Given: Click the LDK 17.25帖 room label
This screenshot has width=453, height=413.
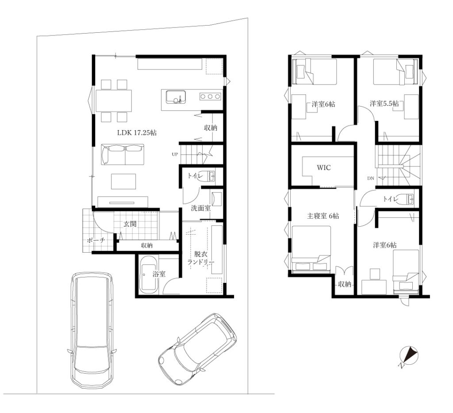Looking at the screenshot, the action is (x=137, y=133).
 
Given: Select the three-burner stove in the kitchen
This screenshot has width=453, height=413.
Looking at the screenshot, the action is (x=210, y=96).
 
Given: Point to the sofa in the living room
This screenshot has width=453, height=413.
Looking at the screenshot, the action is (x=122, y=154).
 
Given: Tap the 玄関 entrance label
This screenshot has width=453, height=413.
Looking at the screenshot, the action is (x=130, y=224).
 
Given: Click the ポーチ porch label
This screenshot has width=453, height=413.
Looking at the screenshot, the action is (x=96, y=240).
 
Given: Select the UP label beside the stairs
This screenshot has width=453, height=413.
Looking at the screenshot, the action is (x=175, y=154).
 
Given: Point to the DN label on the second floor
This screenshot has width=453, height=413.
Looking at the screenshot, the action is (x=371, y=178).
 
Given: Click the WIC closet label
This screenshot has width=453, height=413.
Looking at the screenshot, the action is (x=323, y=168).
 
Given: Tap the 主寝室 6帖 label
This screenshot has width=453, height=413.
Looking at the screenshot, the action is (x=322, y=216).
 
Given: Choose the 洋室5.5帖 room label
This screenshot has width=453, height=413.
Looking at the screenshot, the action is (x=384, y=104).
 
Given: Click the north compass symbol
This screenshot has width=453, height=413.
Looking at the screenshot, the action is (x=408, y=356).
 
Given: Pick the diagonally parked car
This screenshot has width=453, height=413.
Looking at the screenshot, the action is (x=198, y=349).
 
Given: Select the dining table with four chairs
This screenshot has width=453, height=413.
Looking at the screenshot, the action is (x=114, y=100).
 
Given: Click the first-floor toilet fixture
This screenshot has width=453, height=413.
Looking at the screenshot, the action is (x=207, y=176).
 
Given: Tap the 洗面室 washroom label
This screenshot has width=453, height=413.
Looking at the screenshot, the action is (x=201, y=208).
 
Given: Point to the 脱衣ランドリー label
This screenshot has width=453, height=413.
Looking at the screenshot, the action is (x=201, y=258).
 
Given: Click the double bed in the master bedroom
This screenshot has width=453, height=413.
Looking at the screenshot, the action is (x=311, y=249).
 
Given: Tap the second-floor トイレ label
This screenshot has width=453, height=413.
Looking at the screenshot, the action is (x=391, y=199).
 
